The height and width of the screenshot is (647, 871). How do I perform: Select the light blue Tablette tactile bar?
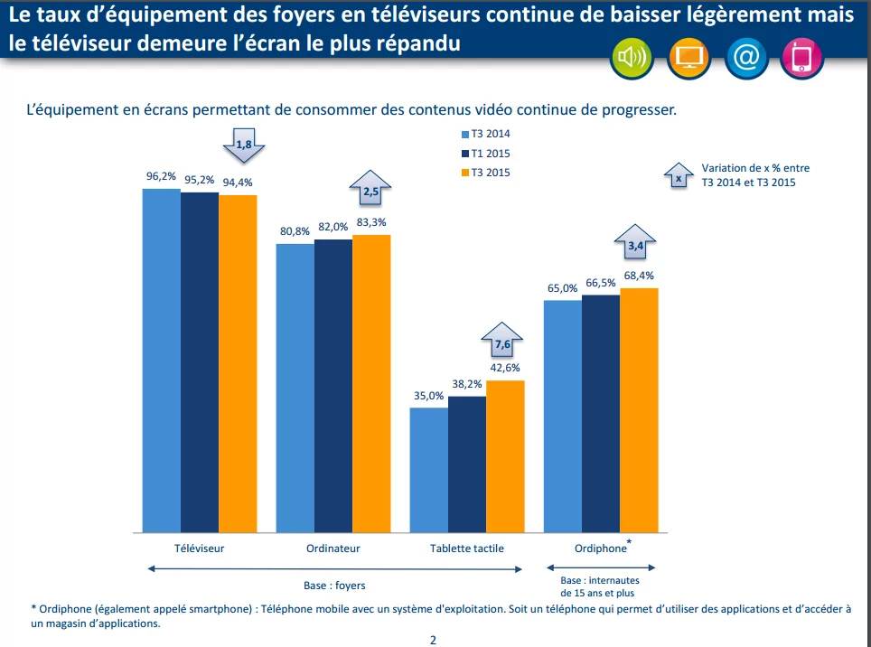(429, 470)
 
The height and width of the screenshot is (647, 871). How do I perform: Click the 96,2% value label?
(161, 176)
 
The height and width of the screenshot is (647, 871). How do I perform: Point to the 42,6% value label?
(505, 368)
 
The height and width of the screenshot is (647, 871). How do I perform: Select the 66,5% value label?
(601, 283)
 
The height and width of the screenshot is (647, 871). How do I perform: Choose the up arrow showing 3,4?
(635, 243)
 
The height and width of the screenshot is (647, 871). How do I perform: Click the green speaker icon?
(631, 59)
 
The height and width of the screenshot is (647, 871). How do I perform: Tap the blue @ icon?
(746, 59)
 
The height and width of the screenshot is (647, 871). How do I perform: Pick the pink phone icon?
(802, 59)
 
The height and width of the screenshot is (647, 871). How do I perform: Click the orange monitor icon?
(689, 59)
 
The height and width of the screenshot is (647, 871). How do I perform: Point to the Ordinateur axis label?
(333, 549)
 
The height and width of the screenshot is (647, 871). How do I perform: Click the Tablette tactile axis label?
(467, 549)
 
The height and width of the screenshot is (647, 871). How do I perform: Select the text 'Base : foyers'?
(334, 585)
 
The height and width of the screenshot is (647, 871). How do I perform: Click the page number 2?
(433, 640)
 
